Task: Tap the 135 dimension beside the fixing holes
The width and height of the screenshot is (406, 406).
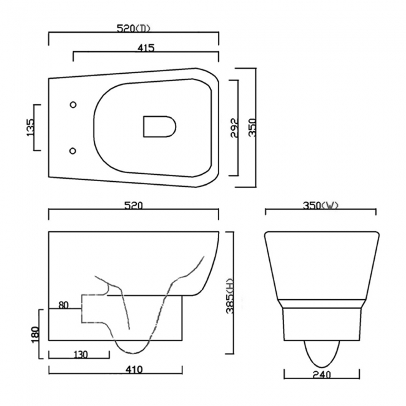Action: click(31, 127)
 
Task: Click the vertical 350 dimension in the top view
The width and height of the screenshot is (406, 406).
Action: click(252, 127)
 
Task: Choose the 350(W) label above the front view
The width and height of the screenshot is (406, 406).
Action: click(320, 205)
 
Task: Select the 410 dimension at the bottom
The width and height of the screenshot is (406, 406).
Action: click(134, 369)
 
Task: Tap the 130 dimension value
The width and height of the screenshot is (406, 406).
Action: click(79, 354)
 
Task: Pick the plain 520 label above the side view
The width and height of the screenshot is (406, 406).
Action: click(134, 205)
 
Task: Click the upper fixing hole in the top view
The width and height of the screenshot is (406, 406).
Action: click(73, 104)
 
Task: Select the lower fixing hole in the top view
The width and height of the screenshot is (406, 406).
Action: click(73, 151)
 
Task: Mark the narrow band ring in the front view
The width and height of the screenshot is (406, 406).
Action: click(320, 304)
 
